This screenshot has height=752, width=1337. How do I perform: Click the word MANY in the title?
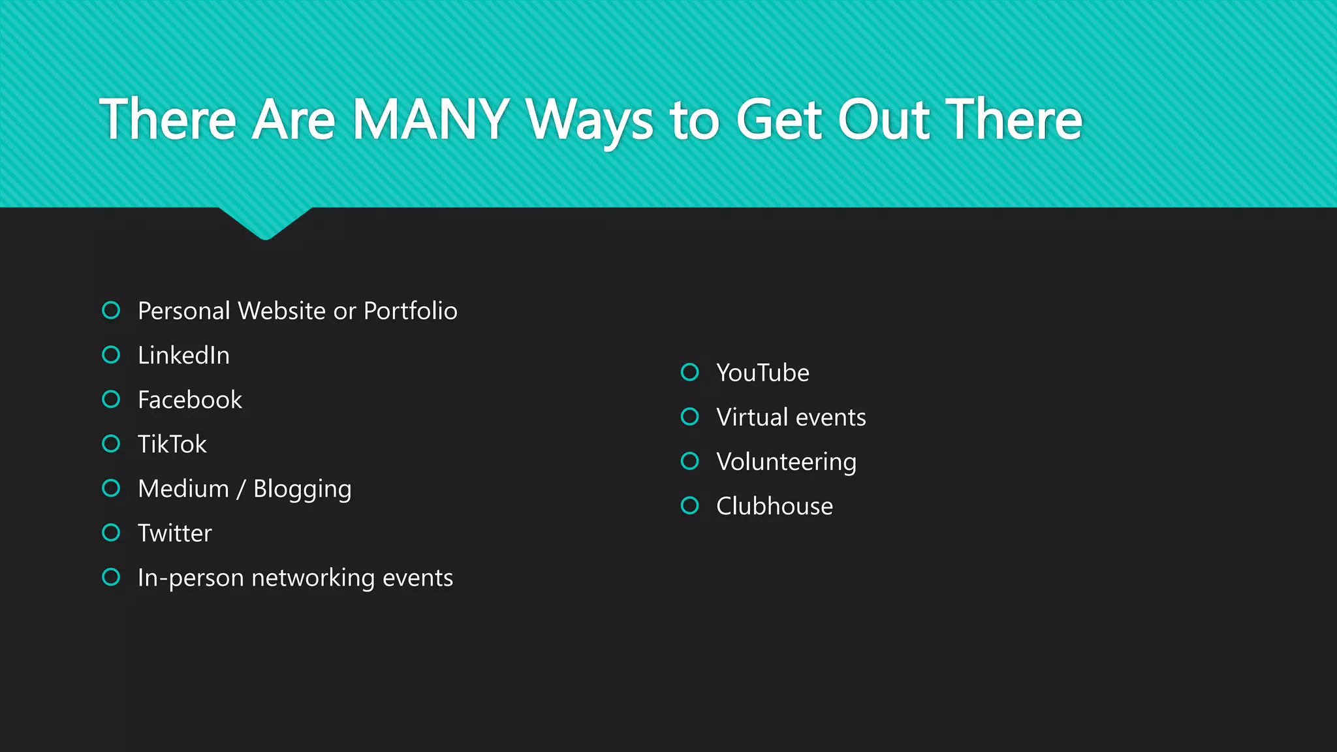pyautogui.click(x=431, y=119)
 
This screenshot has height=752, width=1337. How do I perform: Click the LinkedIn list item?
pyautogui.click(x=183, y=355)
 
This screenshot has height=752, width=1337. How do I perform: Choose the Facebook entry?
pyautogui.click(x=189, y=399)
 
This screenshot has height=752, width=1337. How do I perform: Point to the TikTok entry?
pyautogui.click(x=172, y=444)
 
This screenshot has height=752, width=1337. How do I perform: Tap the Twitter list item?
pyautogui.click(x=174, y=533)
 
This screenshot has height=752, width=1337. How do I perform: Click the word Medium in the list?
pyautogui.click(x=183, y=488)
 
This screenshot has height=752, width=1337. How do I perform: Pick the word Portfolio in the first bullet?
pyautogui.click(x=410, y=311)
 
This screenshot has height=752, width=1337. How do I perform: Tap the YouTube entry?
pyautogui.click(x=763, y=373)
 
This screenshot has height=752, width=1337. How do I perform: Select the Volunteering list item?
pyautogui.click(x=786, y=462)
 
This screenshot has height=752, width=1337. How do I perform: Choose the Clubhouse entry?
pyautogui.click(x=774, y=506)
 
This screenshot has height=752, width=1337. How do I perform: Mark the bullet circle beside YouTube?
pyautogui.click(x=689, y=372)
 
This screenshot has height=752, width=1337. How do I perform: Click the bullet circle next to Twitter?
pyautogui.click(x=111, y=533)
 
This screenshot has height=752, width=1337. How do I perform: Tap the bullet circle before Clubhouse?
pyautogui.click(x=689, y=505)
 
